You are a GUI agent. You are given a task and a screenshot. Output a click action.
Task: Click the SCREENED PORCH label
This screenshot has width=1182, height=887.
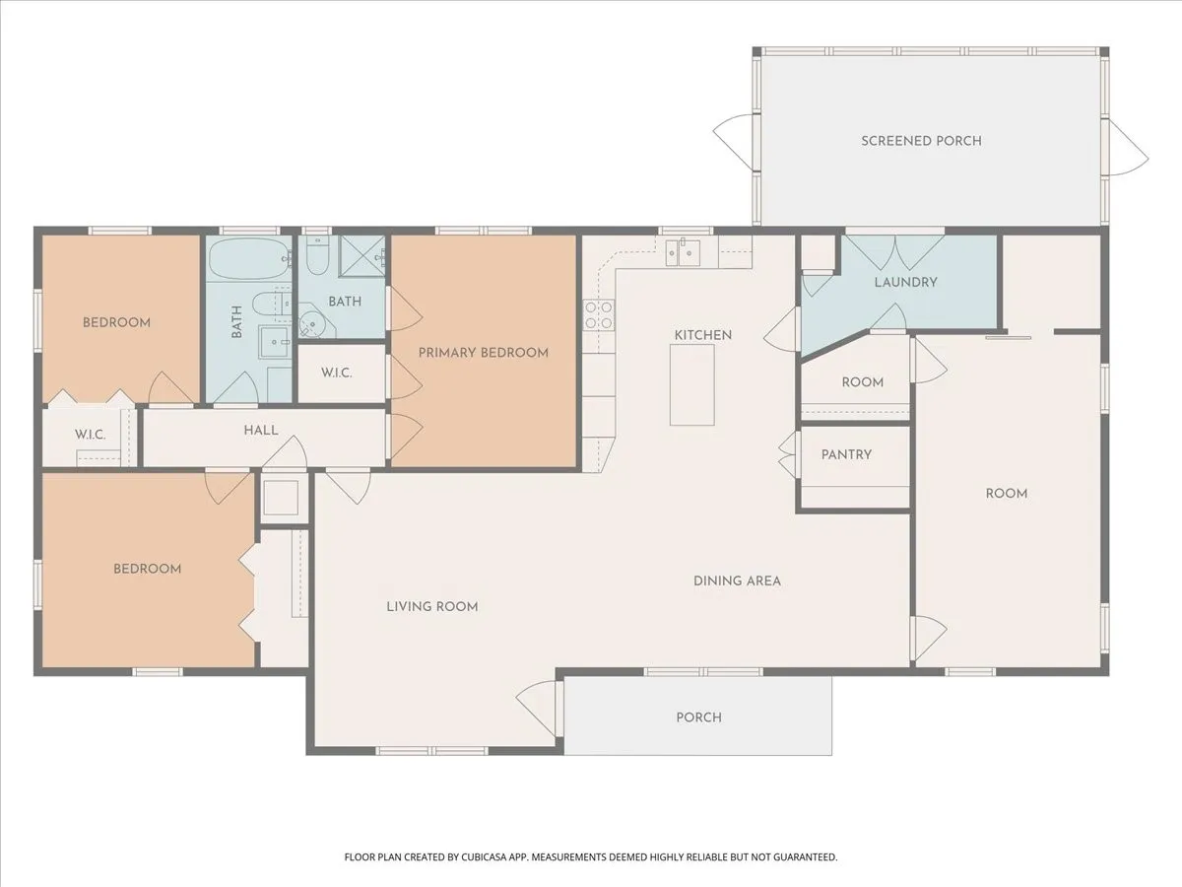pyautogui.click(x=921, y=141)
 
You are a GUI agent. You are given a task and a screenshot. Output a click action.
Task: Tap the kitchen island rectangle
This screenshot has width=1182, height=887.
pyautogui.click(x=692, y=384)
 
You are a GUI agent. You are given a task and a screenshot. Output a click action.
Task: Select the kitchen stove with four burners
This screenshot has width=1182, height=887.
pyautogui.click(x=599, y=315)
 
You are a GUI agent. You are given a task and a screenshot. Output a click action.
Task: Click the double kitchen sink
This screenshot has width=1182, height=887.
pyautogui.click(x=683, y=252)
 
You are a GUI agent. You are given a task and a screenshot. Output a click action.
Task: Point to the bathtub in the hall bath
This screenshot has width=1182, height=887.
pyautogui.click(x=249, y=259)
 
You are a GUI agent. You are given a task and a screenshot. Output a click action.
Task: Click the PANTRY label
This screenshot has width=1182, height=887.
pyautogui.click(x=846, y=455)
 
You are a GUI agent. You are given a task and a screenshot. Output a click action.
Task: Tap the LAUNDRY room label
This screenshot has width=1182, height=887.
pyautogui.click(x=905, y=282)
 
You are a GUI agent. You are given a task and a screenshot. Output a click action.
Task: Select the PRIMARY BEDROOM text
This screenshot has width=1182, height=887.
pyautogui.click(x=483, y=353)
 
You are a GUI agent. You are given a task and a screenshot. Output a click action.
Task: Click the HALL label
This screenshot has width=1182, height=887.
pyautogui.click(x=261, y=431)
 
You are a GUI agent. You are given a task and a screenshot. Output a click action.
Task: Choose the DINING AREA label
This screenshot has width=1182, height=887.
pyautogui.click(x=737, y=581)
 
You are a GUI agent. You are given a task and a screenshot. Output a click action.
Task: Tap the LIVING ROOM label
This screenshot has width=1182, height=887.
pyautogui.click(x=431, y=607)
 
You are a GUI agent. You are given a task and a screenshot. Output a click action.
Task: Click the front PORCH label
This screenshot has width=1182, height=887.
pyautogui.click(x=698, y=717)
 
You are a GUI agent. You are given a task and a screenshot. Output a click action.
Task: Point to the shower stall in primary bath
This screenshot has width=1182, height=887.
pyautogui.click(x=361, y=255)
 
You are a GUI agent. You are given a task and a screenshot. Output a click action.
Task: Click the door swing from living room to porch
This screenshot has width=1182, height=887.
pyautogui.click(x=537, y=707)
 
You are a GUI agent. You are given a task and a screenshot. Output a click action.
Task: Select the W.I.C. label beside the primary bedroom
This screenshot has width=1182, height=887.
pyautogui.click(x=337, y=373)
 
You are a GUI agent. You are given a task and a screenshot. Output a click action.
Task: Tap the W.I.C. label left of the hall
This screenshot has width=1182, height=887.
pyautogui.click(x=90, y=435)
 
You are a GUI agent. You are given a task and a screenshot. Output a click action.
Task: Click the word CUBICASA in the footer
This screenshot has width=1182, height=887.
pyautogui.click(x=484, y=857)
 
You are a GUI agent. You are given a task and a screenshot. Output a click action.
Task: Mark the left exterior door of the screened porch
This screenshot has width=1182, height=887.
pyautogui.click(x=734, y=141)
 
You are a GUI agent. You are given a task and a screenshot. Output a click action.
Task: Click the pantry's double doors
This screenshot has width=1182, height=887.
pyautogui.click(x=788, y=454)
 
